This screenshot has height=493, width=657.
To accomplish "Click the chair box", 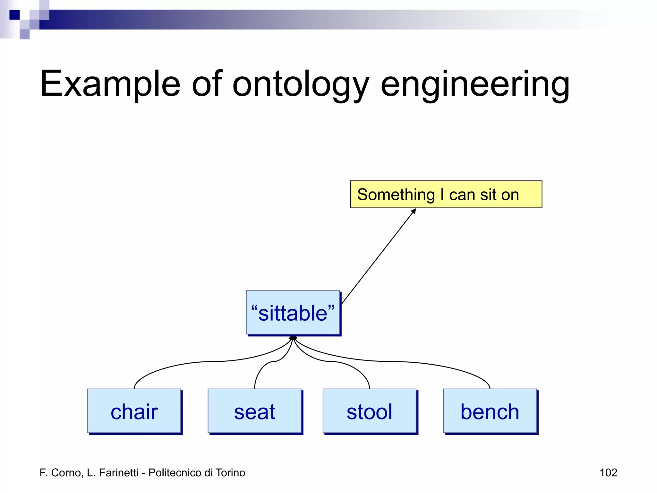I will click(x=134, y=411).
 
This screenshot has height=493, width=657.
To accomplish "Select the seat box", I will click(x=254, y=411).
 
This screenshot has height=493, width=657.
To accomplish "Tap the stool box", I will click(x=369, y=411).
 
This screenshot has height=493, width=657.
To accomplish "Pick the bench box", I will click(x=490, y=411).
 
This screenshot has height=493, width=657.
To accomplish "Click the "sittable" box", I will click(x=293, y=313).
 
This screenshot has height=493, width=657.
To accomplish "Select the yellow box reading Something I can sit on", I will click(x=446, y=195).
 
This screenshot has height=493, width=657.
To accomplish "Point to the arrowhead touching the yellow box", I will click(x=414, y=211).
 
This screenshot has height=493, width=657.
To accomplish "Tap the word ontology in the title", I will click(x=301, y=84).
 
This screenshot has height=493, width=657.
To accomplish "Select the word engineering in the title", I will click(x=475, y=84).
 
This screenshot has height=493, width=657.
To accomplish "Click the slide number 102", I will click(x=608, y=472).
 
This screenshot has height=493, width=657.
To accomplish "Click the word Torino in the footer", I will click(x=230, y=472).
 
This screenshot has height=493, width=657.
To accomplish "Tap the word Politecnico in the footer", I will click(x=175, y=472).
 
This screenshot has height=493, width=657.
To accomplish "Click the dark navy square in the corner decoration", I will click(x=14, y=15).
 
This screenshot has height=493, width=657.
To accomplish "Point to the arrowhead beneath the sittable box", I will click(x=293, y=338).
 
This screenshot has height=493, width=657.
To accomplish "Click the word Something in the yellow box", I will click(x=396, y=195).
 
